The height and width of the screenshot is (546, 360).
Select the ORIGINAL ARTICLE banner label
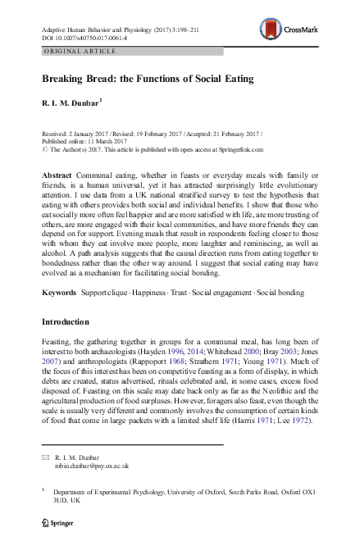pos(71,51)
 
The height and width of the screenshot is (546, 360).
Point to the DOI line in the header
pos(82,38)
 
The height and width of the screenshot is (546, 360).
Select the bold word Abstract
pos(57,176)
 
